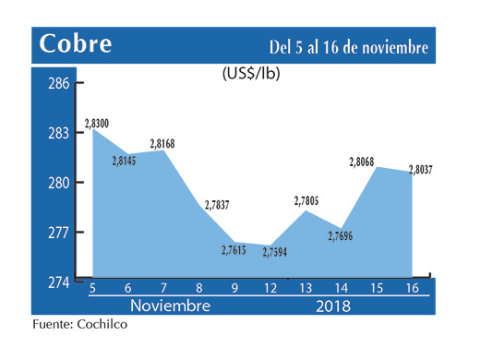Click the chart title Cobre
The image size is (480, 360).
(x=77, y=44)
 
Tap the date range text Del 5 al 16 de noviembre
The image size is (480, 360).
(x=349, y=46)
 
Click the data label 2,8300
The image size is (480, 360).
(x=96, y=122)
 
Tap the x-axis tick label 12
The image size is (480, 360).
(x=270, y=289)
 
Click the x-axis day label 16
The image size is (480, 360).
(x=411, y=289)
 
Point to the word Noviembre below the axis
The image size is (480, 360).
(x=169, y=306)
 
